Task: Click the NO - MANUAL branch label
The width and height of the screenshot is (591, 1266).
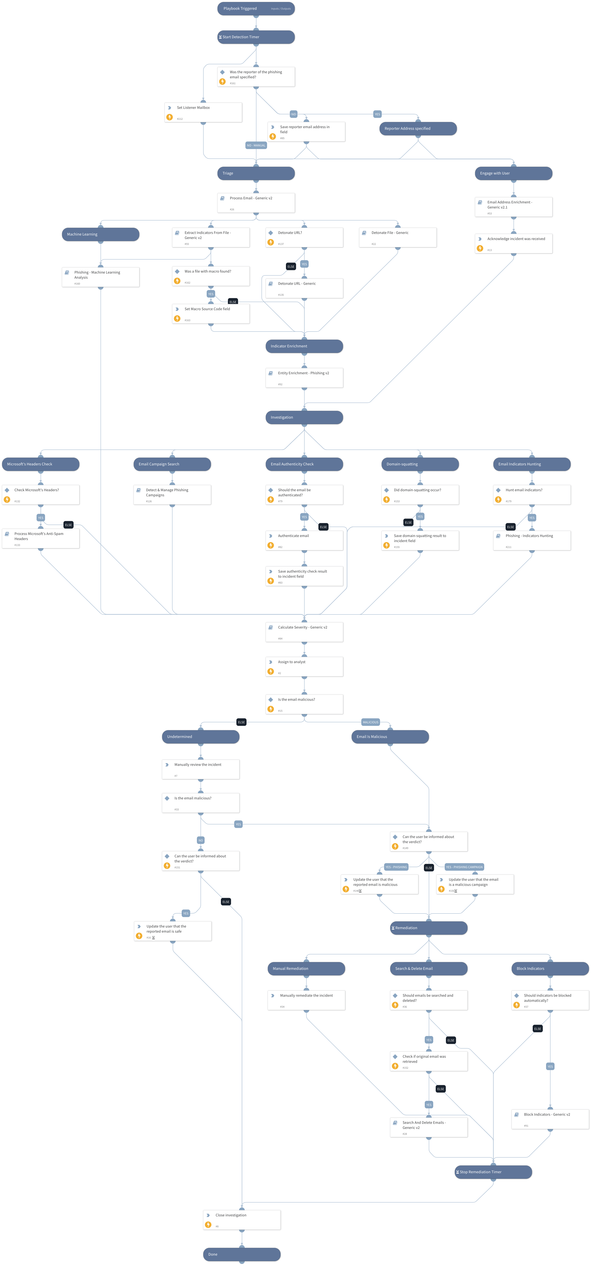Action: (256, 145)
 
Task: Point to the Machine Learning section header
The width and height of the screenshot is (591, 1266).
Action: (100, 235)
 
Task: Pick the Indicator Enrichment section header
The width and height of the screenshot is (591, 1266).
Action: (304, 346)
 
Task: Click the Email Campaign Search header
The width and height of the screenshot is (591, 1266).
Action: (172, 464)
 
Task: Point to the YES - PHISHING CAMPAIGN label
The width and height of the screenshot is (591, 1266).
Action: (464, 867)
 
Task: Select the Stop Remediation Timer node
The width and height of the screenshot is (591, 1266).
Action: (493, 1172)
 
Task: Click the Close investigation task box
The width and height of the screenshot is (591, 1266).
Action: (241, 1219)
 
